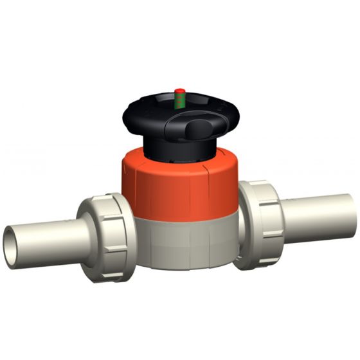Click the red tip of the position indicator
coord(181,90)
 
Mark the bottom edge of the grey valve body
coord(177,266)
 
